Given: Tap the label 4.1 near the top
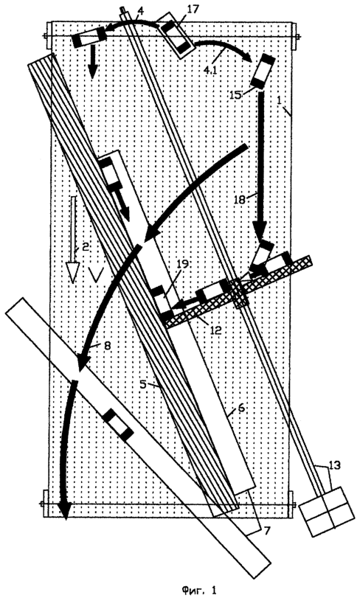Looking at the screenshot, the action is coord(210,70).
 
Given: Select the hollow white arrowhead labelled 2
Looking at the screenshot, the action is coord(72,273).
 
